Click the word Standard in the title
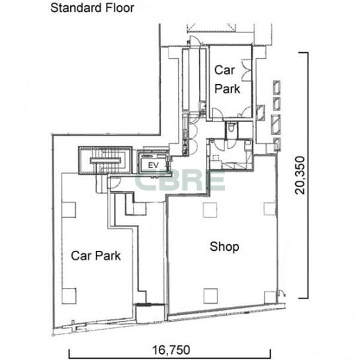point(76,8)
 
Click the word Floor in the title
point(120,8)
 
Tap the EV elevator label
point(153,165)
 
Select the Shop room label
point(224,247)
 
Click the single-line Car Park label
point(96,255)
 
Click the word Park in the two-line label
point(227,89)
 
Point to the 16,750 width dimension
point(171,350)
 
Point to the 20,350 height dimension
point(300,175)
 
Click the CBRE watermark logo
point(179,180)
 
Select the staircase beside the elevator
point(105,161)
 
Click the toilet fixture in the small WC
point(231,127)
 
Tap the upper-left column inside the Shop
point(210,210)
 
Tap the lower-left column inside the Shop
point(210,296)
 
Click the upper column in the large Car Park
point(69,210)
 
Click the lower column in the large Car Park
point(69,296)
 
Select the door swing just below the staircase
point(114,183)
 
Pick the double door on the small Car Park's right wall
point(247,70)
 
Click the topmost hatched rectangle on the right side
point(277,87)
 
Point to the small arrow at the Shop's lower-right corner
point(281,292)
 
